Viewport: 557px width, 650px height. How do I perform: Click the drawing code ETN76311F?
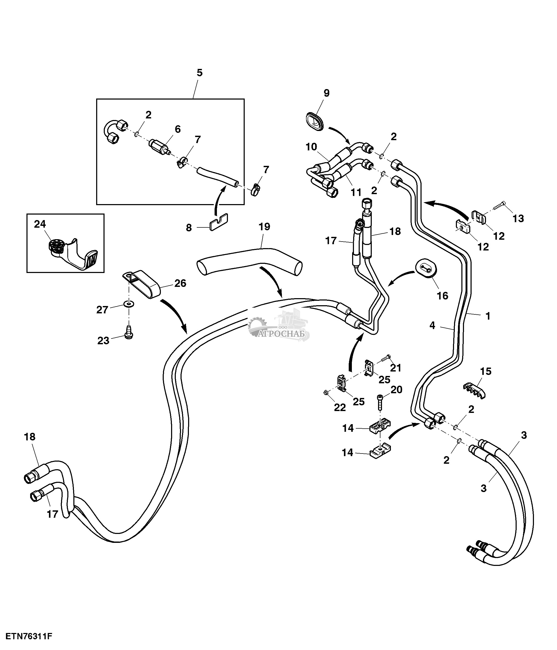[x=29, y=637]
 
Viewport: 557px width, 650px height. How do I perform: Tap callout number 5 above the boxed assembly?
[x=199, y=73]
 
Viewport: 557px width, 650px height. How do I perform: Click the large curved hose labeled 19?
[x=249, y=263]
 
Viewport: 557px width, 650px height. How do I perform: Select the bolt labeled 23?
[x=129, y=332]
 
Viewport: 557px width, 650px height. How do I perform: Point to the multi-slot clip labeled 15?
[x=474, y=390]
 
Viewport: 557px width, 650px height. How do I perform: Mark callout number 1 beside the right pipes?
[x=488, y=316]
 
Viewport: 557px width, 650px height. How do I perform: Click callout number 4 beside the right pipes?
[x=433, y=326]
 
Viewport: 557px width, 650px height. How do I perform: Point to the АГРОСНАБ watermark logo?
[x=279, y=326]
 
